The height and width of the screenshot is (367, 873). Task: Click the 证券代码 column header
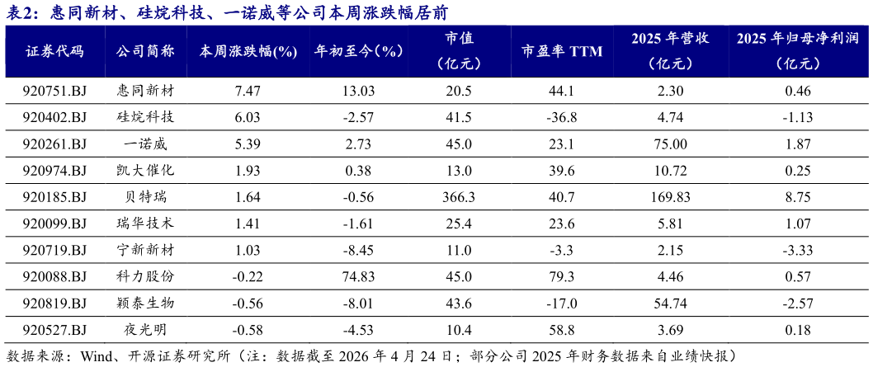54,52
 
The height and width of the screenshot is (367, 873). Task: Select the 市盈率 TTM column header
561,52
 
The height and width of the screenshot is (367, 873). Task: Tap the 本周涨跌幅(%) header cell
248,52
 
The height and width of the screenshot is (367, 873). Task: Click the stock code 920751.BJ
54,92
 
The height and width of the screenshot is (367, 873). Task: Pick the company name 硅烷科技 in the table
145,117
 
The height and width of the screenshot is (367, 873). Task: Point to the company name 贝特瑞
145,196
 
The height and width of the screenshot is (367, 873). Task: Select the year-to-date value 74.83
361,276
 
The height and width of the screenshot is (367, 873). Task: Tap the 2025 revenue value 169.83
670,197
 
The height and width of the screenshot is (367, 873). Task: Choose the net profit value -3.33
798,250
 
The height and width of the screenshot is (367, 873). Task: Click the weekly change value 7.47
249,92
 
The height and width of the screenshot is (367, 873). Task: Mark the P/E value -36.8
561,118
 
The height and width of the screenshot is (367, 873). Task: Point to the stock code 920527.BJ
54,329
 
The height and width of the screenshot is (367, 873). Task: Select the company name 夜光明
145,328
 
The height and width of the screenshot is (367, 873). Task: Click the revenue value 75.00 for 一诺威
670,144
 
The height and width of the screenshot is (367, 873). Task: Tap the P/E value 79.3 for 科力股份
561,276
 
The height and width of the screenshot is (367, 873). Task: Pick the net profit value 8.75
798,197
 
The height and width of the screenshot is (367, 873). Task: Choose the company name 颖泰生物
145,303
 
